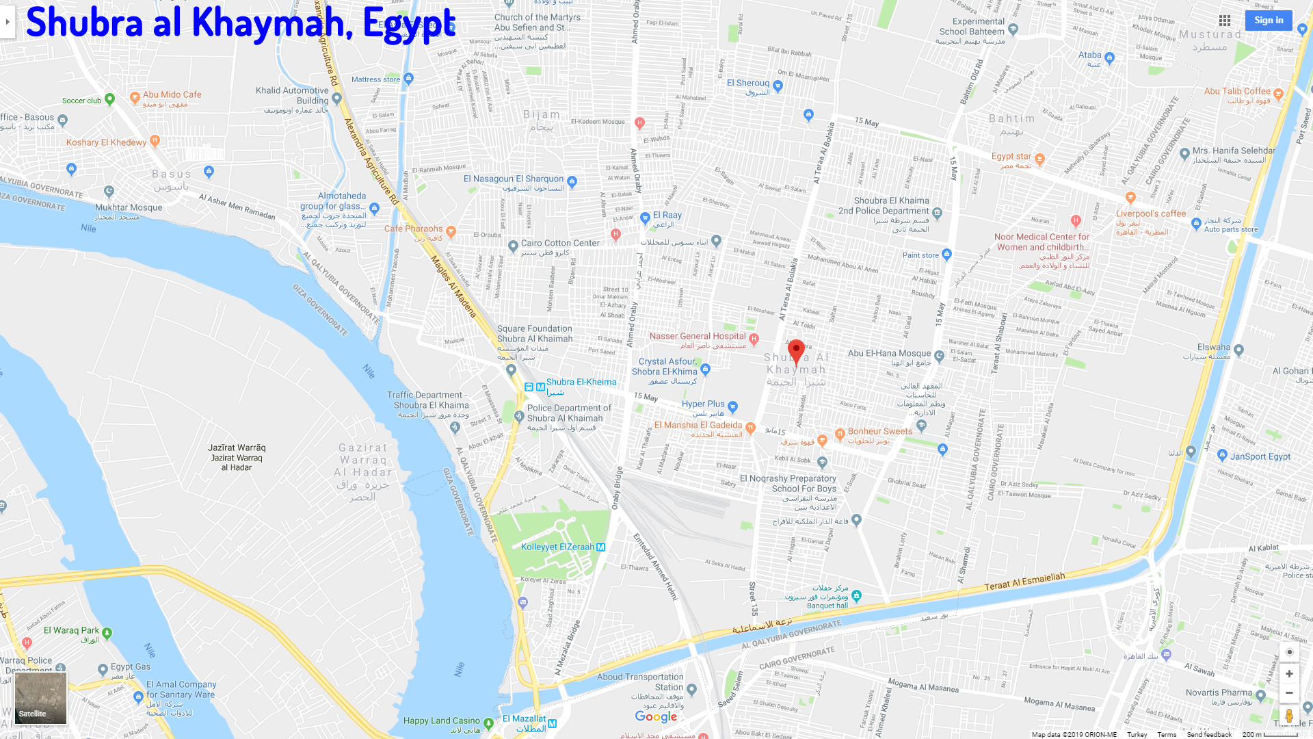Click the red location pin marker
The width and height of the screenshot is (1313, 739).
point(796,352)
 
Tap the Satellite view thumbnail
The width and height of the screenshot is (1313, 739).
point(41,698)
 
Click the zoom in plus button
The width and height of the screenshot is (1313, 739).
point(1289,673)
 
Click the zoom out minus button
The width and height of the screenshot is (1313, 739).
point(1289,693)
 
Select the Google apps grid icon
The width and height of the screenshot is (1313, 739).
point(1225,21)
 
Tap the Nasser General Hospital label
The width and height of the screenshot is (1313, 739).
point(698,336)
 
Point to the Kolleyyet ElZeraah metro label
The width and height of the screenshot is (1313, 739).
point(558,547)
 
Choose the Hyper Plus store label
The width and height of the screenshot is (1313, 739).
point(703,404)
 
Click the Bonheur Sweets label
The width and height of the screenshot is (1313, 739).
point(879,431)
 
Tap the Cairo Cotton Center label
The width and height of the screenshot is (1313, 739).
point(560,243)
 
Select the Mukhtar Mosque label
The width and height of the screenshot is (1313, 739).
point(129,207)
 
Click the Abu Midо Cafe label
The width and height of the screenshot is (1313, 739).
point(172,94)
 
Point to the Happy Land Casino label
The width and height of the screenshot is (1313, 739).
point(441,721)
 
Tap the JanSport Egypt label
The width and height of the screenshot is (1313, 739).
point(1260,456)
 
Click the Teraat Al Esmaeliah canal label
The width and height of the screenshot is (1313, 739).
point(1024,581)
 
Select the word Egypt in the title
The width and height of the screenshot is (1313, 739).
point(408,23)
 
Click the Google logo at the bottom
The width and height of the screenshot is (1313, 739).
point(656,716)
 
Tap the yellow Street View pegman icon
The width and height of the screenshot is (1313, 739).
point(1289,716)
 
